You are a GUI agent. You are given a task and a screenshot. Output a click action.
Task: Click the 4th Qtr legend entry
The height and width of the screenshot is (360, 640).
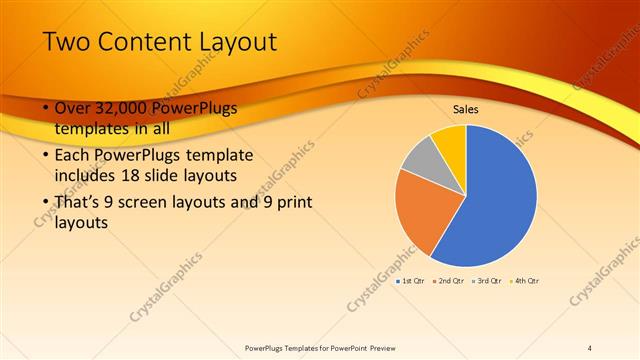526,281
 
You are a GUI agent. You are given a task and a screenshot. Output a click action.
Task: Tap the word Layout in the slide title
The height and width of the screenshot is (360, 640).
234,41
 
